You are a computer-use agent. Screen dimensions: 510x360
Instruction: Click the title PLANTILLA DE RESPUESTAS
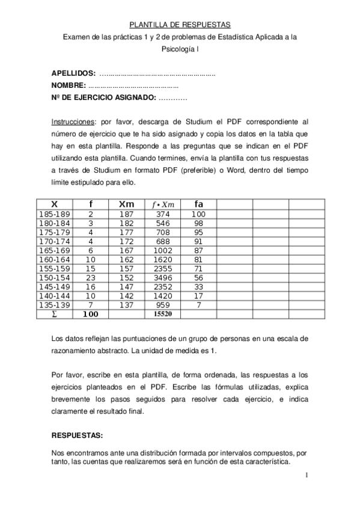(x=180, y=25)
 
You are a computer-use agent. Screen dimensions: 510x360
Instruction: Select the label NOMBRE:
(x=69, y=85)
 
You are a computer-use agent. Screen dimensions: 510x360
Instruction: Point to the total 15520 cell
(x=163, y=314)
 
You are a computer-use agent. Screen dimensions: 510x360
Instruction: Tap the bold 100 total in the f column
(x=90, y=314)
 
